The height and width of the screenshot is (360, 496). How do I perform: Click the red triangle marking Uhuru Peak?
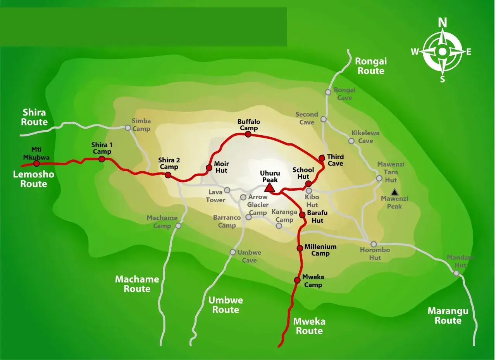[270, 188]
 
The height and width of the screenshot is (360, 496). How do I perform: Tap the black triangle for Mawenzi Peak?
[394, 192]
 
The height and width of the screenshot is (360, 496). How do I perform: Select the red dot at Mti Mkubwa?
[36, 163]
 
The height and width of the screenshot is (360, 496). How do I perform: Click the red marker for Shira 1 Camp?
[102, 159]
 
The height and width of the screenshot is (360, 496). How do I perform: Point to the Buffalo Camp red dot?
[248, 134]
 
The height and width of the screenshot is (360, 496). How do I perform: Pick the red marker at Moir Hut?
[209, 168]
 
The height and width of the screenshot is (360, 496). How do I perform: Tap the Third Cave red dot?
[322, 158]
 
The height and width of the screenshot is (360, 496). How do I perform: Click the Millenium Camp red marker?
[300, 248]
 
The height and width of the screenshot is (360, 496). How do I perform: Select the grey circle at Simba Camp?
[128, 127]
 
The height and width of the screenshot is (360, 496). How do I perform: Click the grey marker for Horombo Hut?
[374, 244]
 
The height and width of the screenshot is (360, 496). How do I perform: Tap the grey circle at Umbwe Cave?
[232, 252]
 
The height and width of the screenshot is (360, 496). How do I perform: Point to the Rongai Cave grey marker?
[328, 92]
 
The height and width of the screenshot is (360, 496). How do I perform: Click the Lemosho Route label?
[34, 179]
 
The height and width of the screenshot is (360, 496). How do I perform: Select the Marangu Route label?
[448, 316]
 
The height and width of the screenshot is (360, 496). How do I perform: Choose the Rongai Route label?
[371, 66]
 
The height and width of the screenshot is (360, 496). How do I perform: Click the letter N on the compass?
[442, 23]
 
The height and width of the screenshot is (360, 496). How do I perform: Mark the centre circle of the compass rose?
[442, 52]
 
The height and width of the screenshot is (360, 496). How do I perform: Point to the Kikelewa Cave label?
[365, 137]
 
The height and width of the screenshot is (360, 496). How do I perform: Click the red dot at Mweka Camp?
[297, 280]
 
